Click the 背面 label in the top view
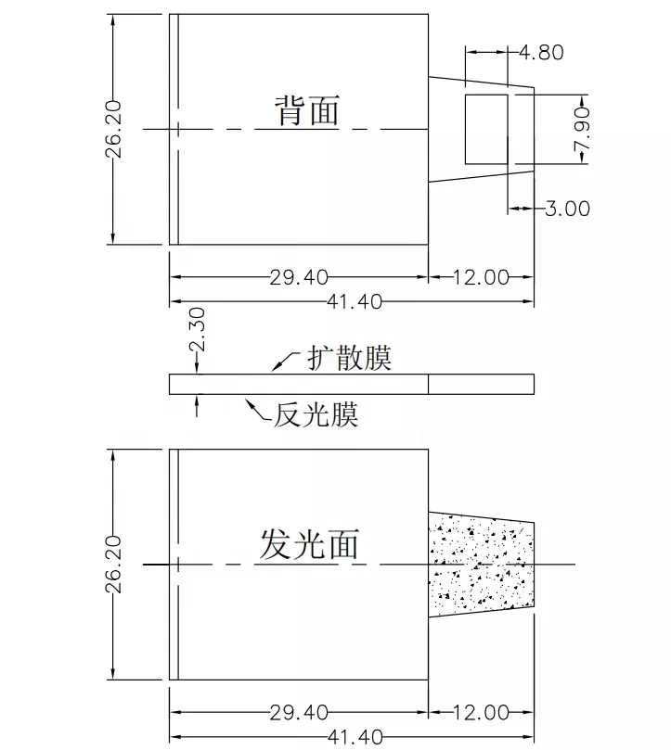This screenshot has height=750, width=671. pyautogui.click(x=306, y=110)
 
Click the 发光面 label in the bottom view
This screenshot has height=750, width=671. pyautogui.click(x=308, y=544)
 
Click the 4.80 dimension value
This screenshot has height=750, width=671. pyautogui.click(x=541, y=53)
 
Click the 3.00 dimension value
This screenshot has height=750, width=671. pyautogui.click(x=566, y=209)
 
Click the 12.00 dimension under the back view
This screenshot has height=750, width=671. pyautogui.click(x=481, y=276)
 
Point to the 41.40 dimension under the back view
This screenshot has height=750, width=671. pyautogui.click(x=351, y=301)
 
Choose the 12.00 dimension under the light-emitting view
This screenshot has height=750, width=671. pyautogui.click(x=481, y=712)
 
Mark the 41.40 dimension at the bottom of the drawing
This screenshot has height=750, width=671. pyautogui.click(x=351, y=737)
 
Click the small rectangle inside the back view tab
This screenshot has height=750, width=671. pyautogui.click(x=485, y=127)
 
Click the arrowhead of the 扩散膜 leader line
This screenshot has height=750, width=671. pyautogui.click(x=274, y=369)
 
